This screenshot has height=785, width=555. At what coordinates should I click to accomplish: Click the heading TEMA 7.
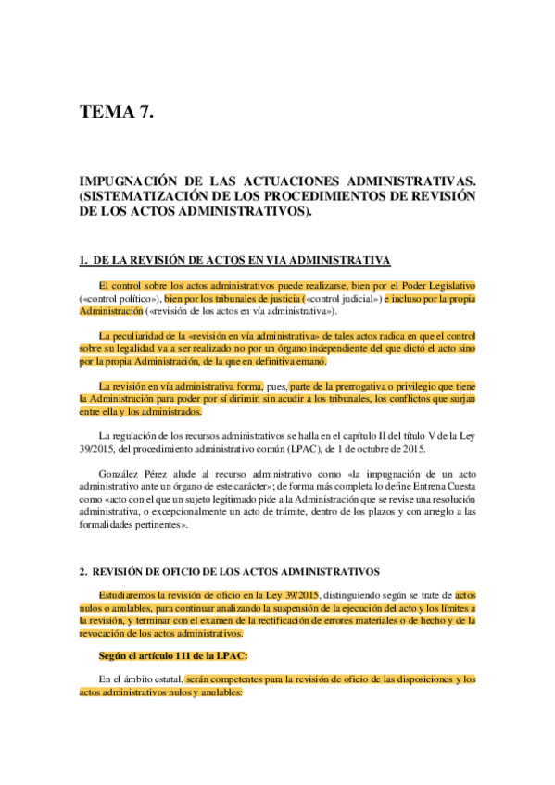pos(115,114)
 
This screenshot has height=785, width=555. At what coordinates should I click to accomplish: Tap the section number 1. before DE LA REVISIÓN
pos(83,259)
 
